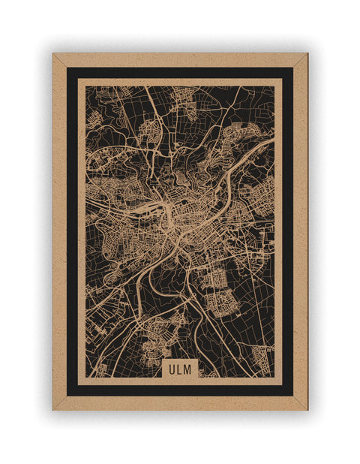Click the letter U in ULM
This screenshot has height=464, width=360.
click(x=172, y=369)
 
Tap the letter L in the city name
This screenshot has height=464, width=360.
click(x=179, y=369)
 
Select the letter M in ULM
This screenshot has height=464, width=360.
click(x=188, y=369)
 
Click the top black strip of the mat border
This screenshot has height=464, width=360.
click(x=180, y=73)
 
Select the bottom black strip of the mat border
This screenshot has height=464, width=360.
click(x=180, y=390)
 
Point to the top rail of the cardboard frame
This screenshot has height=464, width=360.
click(x=180, y=60)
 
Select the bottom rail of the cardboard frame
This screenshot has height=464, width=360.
click(x=180, y=403)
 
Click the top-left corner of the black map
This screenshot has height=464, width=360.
click(x=85, y=86)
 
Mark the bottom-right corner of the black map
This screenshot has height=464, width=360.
click(x=274, y=377)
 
